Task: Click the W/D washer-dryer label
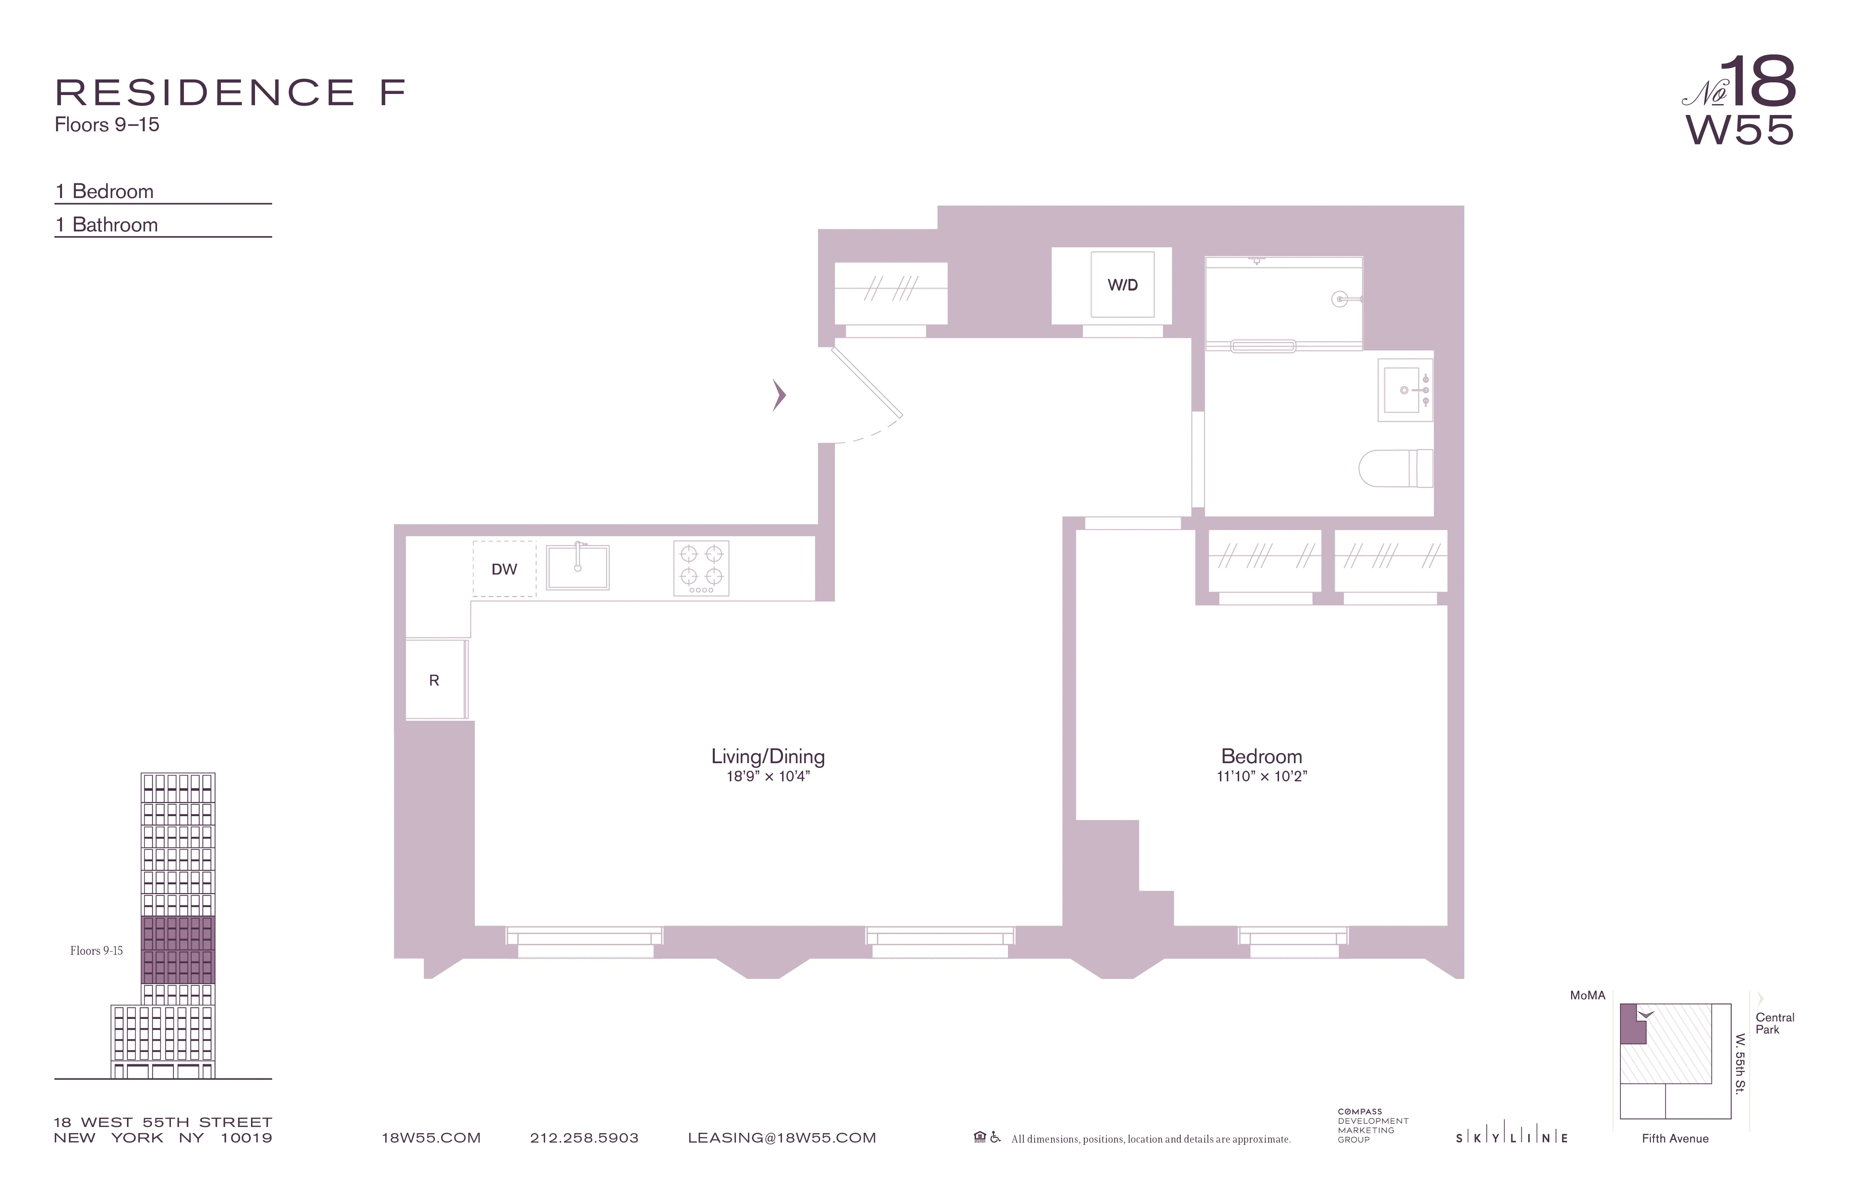1122,285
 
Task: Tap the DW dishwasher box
505,569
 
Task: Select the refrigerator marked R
435,680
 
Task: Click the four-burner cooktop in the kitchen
701,568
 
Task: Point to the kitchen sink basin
577,567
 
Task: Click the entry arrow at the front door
779,395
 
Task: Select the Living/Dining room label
768,756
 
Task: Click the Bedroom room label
1262,756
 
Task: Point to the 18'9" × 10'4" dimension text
768,777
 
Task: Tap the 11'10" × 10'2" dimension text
1262,777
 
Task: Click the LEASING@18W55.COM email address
782,1138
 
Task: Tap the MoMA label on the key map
1587,995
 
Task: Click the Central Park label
1775,1023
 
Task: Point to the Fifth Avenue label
1675,1139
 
